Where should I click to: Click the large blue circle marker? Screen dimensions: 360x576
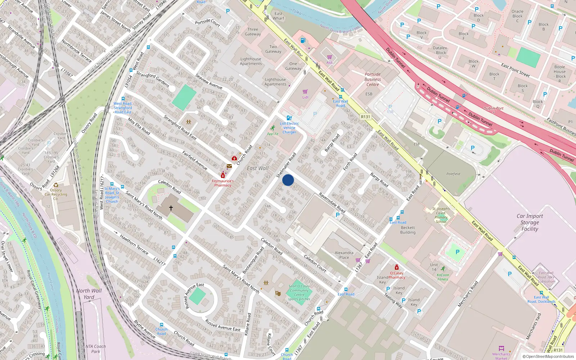pos(288,180)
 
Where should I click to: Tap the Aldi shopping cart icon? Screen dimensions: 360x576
pos(329,57)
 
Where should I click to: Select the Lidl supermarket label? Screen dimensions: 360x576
pos(305,97)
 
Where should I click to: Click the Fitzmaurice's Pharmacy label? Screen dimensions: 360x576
pos(223,183)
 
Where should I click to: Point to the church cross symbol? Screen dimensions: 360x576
pos(171,208)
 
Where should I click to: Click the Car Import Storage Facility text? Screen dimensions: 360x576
pos(530,222)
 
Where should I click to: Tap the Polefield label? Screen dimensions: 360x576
pos(453,174)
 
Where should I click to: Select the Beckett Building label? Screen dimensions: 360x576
pos(408,230)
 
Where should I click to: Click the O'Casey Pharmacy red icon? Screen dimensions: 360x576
pos(397,267)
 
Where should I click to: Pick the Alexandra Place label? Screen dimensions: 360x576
pos(344,255)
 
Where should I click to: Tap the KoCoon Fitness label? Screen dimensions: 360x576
pos(443,277)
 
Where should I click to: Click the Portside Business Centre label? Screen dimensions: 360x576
pos(373,79)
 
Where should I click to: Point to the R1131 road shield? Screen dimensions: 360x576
pos(365,117)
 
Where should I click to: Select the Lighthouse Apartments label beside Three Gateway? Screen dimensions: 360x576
pos(251,61)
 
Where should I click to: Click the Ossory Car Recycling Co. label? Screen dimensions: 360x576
pos(56,194)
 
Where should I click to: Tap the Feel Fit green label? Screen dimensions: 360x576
pos(273,134)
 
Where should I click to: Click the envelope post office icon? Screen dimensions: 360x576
pos(229,166)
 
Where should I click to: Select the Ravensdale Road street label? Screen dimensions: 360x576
pos(332,203)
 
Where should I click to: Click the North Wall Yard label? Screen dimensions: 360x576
pos(89,294)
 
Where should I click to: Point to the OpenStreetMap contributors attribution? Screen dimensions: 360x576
pos(548,356)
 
